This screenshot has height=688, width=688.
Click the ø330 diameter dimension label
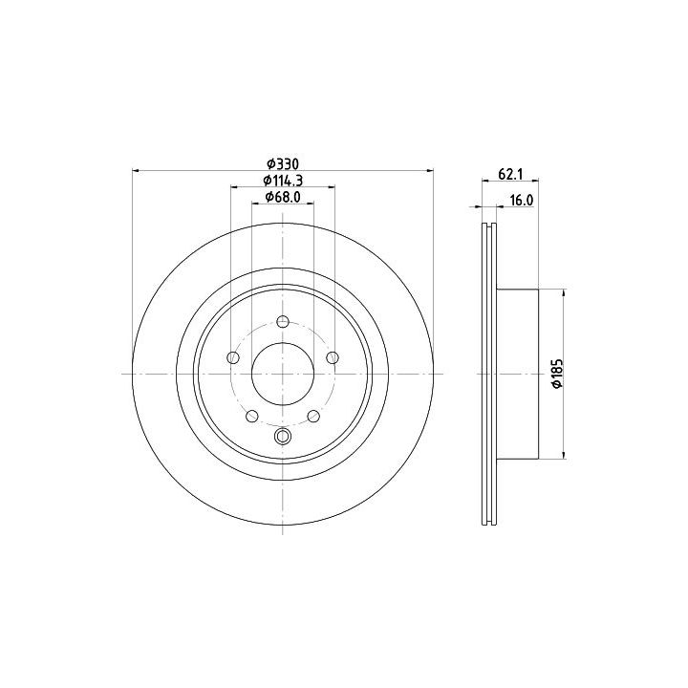283,164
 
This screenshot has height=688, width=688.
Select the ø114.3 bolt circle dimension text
283,181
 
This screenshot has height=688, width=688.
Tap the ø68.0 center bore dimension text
283,197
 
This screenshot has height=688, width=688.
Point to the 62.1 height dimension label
510,174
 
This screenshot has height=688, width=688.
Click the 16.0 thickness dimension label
522,201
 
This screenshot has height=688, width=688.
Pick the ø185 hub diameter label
558,374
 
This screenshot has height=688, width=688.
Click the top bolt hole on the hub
283,322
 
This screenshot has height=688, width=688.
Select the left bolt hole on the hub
233,357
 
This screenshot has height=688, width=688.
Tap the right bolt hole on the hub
333,357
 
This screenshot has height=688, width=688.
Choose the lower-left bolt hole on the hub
252,416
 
